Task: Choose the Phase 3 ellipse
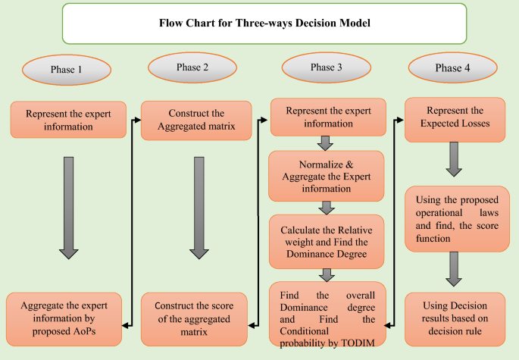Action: click(x=327, y=68)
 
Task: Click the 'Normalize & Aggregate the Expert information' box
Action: click(x=327, y=172)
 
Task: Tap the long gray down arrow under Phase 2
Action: click(x=197, y=206)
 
